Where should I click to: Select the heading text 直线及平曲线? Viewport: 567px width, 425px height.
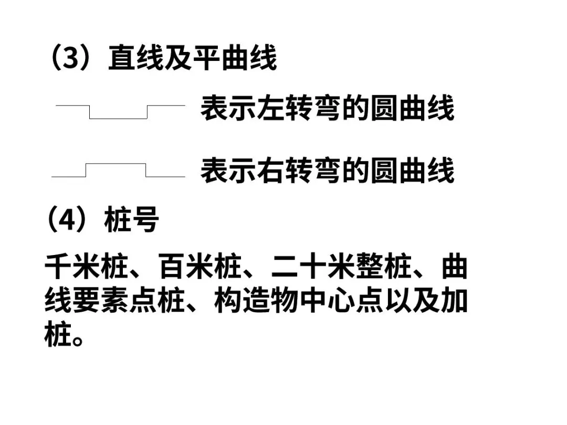coord(192,58)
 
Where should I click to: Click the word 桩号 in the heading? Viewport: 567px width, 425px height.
coord(131,220)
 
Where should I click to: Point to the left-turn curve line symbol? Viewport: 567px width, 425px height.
coord(120,112)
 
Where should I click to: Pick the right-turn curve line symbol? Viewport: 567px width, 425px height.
coord(118,170)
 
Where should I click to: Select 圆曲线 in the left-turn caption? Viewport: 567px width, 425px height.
coord(412,109)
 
